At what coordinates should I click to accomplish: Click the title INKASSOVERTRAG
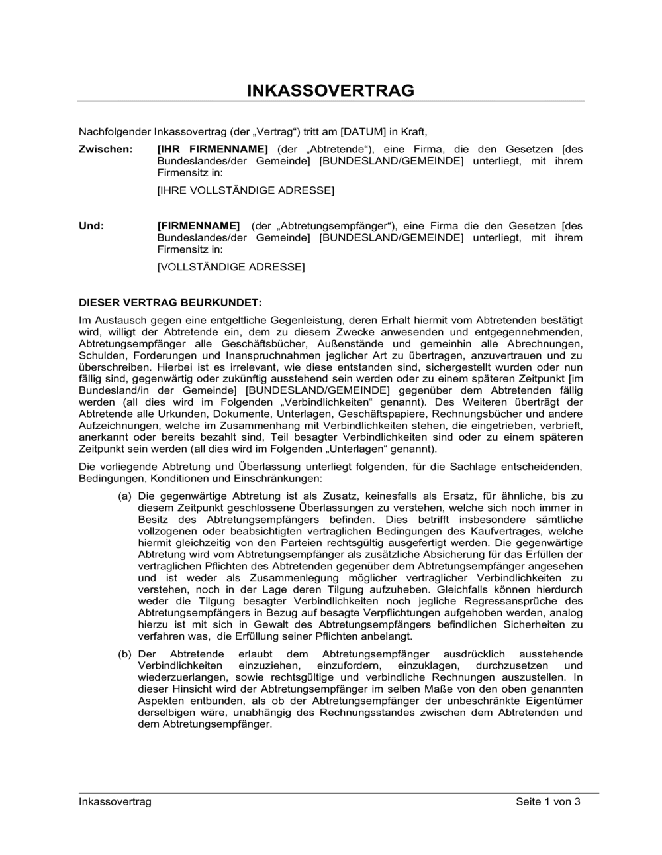click(x=330, y=91)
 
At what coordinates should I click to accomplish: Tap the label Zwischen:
click(x=105, y=149)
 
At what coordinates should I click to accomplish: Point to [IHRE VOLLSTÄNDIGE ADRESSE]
click(x=246, y=191)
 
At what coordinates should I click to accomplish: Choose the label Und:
click(x=91, y=226)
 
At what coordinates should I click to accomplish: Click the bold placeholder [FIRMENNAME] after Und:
click(x=199, y=226)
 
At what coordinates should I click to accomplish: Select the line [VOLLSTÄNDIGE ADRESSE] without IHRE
click(x=231, y=268)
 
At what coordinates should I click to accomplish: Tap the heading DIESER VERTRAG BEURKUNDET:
click(x=171, y=303)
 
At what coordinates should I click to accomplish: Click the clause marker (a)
click(x=124, y=496)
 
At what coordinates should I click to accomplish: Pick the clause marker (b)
click(x=124, y=654)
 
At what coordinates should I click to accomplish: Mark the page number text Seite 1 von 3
click(x=548, y=802)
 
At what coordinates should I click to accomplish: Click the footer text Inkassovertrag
click(x=115, y=802)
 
